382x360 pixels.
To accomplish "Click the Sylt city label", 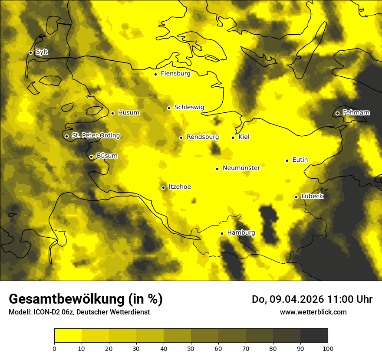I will point(42,52).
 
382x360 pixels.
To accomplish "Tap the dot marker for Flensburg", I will point(155,74).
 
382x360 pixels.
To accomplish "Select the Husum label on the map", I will point(128,113).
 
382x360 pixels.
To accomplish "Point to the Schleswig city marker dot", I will point(169,108).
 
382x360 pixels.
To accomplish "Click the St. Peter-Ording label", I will point(95,136).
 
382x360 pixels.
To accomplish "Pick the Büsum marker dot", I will point(91,157).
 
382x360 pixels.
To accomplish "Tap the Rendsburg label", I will point(202,137).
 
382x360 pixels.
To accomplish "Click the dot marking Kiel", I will point(233,137).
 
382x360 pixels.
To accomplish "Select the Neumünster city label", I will point(241,168).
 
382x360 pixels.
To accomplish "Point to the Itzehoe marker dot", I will point(164,187).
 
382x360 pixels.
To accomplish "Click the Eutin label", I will point(300,160).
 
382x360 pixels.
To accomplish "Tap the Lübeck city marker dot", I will point(296,197).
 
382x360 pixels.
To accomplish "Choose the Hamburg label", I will point(241,233).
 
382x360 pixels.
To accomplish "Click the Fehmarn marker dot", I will point(337,113).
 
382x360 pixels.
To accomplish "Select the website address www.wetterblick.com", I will point(313,312).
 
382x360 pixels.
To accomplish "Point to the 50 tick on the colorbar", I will point(191,348).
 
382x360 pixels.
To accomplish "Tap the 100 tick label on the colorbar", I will point(328,348).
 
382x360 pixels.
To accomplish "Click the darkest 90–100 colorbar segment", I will point(314,336).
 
